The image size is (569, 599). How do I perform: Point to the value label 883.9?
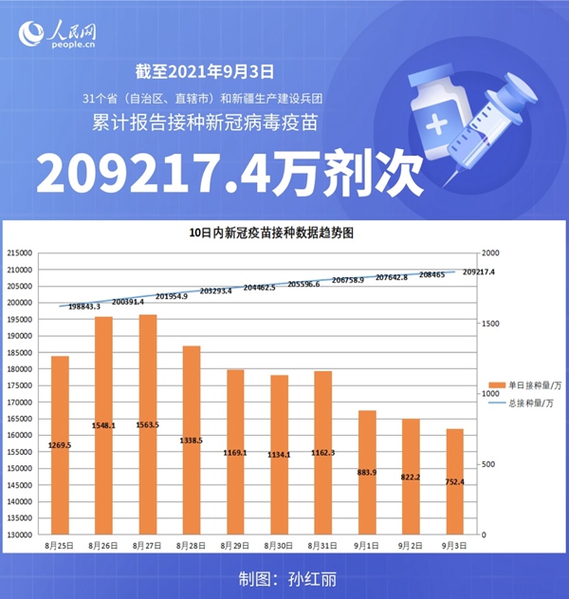tap(367, 473)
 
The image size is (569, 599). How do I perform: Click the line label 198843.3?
tap(84, 307)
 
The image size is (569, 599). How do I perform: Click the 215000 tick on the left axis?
tap(20, 253)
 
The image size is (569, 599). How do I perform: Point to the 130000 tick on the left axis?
tap(20, 534)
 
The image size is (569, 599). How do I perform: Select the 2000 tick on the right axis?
tap(489, 253)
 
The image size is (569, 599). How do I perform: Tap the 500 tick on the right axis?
tap(486, 464)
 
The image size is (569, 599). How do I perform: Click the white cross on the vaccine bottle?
tap(438, 124)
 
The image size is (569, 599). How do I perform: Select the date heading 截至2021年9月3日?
tap(205, 70)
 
